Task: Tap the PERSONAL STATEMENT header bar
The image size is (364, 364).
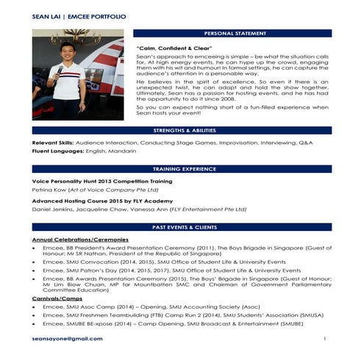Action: pyautogui.click(x=233, y=34)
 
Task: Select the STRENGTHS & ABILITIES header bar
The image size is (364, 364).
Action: pyautogui.click(x=182, y=130)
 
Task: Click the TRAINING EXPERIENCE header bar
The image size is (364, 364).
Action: pyautogui.click(x=182, y=169)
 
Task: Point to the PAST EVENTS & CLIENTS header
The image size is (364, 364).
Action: pyautogui.click(x=182, y=227)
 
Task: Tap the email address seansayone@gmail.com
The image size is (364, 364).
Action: pyautogui.click(x=68, y=339)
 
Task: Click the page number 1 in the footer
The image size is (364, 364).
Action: pyautogui.click(x=324, y=339)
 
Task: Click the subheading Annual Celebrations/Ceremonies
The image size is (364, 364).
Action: pyautogui.click(x=81, y=240)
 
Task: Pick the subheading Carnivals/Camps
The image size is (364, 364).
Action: pyautogui.click(x=57, y=299)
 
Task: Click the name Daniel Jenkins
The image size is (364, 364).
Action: pyautogui.click(x=52, y=210)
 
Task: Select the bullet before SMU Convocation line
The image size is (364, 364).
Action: pyautogui.click(x=36, y=262)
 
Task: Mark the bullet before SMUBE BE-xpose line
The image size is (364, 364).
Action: pyautogui.click(x=36, y=324)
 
